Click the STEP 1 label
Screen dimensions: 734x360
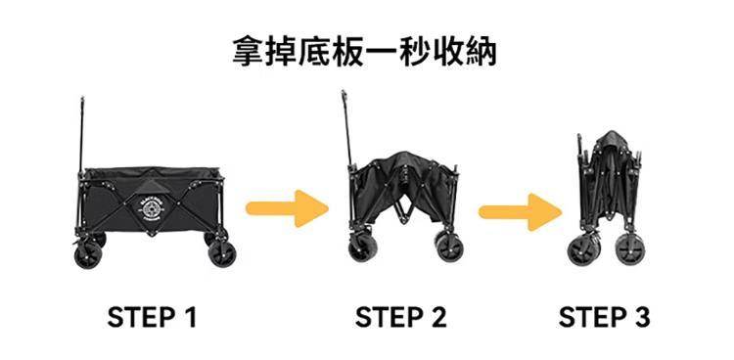[x=152, y=317]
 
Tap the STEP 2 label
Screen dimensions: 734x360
[x=400, y=317]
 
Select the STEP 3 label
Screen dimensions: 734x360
[x=604, y=317]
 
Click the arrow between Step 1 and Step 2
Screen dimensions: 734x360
[x=287, y=208]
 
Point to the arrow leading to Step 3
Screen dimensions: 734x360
[x=520, y=212]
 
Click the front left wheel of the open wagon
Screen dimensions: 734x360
[x=88, y=255]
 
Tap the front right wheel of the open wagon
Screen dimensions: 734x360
[x=222, y=254]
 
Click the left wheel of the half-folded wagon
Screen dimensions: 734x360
[x=361, y=248]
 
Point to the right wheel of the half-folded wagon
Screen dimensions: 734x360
[x=449, y=248]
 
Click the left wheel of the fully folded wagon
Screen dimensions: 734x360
[x=581, y=250]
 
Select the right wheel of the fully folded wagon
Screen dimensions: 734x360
[x=629, y=249]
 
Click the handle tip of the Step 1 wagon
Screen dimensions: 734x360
[x=82, y=99]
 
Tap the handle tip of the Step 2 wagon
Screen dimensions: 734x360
[x=344, y=93]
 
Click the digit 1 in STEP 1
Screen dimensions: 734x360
[x=191, y=317]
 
